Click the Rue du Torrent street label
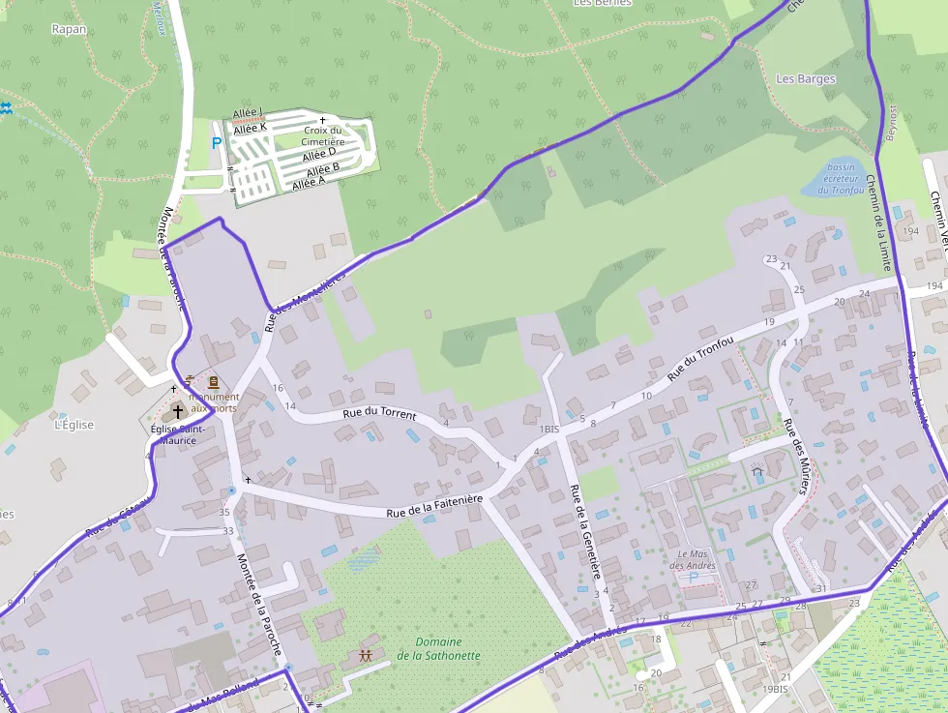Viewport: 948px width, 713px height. click(379, 414)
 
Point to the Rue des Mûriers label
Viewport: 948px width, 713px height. click(795, 456)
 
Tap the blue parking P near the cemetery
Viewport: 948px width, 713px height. click(217, 143)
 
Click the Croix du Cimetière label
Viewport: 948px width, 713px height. click(323, 136)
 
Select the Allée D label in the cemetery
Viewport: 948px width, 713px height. click(318, 154)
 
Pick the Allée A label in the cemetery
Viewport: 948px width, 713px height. click(310, 182)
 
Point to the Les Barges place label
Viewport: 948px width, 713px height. click(806, 79)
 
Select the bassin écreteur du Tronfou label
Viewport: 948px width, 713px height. click(840, 178)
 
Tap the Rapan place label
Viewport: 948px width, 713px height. click(69, 29)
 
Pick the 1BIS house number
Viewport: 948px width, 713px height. click(549, 429)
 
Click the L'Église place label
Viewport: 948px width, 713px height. click(74, 424)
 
